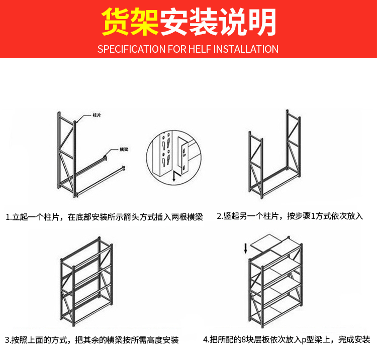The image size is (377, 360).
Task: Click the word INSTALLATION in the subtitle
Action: (246, 49)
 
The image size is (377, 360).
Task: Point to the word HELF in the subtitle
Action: (201, 49)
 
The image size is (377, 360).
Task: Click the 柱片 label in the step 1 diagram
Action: (97, 115)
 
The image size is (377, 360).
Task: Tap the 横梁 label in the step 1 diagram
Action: (124, 149)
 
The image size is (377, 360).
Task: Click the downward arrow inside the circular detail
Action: (173, 176)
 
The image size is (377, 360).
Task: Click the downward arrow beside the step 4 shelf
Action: (245, 248)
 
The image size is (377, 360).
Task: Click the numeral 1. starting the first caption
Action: (9, 217)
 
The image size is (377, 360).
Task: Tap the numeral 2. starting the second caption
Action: (220, 216)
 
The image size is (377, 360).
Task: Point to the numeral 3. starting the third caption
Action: (9, 340)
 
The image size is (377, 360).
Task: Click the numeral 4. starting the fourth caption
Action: (206, 339)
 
